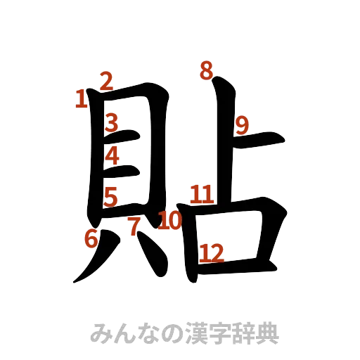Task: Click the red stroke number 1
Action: click(x=81, y=98)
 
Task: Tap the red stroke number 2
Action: click(x=106, y=80)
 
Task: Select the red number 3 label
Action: click(x=111, y=124)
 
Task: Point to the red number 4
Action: click(x=112, y=156)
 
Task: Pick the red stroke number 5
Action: click(x=110, y=198)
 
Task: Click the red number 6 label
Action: click(x=91, y=240)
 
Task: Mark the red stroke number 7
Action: click(x=133, y=226)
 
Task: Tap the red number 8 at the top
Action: click(x=206, y=70)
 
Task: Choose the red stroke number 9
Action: click(x=243, y=126)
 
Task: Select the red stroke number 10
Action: click(x=169, y=221)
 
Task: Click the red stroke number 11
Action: click(x=202, y=193)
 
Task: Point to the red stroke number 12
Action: click(x=211, y=252)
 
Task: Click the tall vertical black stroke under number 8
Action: click(x=224, y=141)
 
